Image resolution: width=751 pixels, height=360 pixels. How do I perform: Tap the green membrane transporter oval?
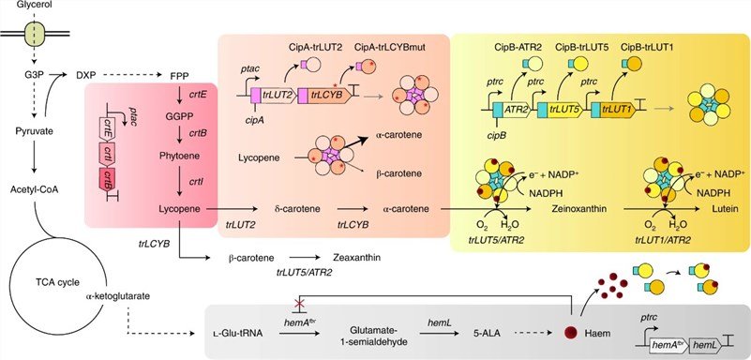tap(35, 34)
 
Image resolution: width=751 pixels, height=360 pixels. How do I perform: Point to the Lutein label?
tap(724, 209)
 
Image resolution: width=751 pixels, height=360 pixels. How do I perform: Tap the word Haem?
tap(597, 334)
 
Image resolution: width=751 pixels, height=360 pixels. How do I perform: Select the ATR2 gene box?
tap(516, 110)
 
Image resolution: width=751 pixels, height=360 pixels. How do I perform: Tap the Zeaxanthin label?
tap(356, 258)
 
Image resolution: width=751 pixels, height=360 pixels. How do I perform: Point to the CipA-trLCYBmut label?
tap(391, 48)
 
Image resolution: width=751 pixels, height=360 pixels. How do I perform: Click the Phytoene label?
tap(180, 155)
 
